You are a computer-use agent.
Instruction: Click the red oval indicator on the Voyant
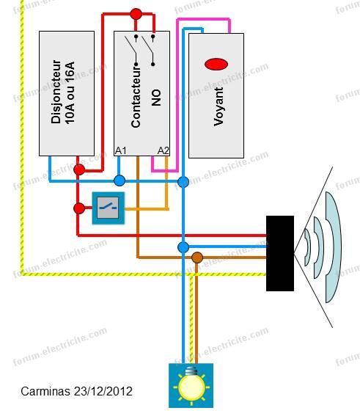(x=216, y=65)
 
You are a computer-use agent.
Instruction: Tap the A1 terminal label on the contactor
(x=121, y=150)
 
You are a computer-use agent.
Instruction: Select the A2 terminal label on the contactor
(x=163, y=150)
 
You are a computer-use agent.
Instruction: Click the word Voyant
(x=218, y=106)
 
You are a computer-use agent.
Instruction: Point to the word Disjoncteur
(x=56, y=92)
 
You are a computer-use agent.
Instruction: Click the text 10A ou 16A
(x=70, y=93)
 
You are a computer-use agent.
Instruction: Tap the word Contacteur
(x=136, y=97)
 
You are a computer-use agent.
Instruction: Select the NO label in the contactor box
(x=156, y=98)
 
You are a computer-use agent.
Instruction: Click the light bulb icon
(x=191, y=385)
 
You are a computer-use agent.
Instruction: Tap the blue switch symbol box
(x=109, y=208)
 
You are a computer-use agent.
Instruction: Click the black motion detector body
(x=280, y=253)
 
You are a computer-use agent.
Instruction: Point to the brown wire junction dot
(x=197, y=258)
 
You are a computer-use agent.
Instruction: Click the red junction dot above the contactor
(x=136, y=14)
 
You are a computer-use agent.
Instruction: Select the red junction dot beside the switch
(x=79, y=208)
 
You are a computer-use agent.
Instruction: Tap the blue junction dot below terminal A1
(x=120, y=180)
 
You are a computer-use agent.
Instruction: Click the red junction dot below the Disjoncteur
(x=79, y=169)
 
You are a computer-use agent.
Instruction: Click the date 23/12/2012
(x=103, y=391)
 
